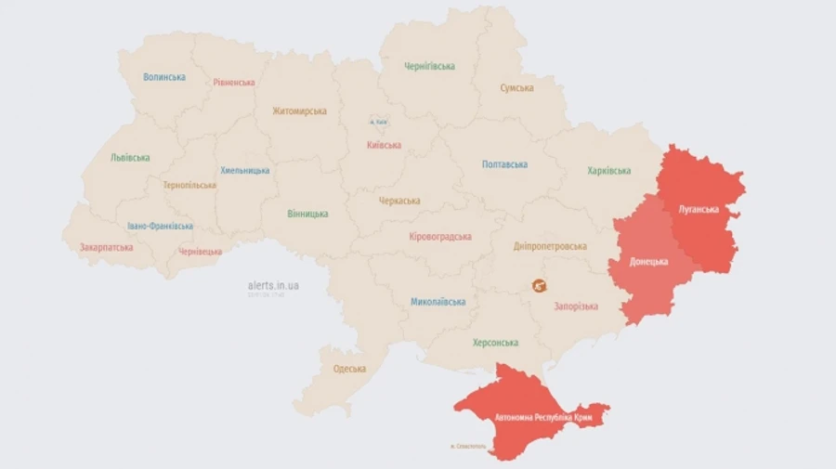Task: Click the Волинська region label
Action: (164, 77)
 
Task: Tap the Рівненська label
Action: (233, 83)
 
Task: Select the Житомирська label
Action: (299, 111)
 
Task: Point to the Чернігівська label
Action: (429, 67)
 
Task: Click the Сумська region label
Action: (516, 88)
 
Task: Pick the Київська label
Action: (384, 145)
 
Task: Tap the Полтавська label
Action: (504, 164)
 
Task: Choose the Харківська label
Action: (608, 171)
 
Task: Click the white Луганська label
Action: (699, 209)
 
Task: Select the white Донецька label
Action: (648, 262)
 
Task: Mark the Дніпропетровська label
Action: (550, 246)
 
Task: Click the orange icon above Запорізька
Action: (540, 286)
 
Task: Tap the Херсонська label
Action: (495, 343)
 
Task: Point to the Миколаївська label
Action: (438, 302)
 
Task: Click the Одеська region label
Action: (349, 369)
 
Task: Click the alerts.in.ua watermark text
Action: (273, 285)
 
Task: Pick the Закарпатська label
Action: (106, 248)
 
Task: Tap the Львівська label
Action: (130, 158)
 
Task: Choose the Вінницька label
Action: (307, 214)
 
